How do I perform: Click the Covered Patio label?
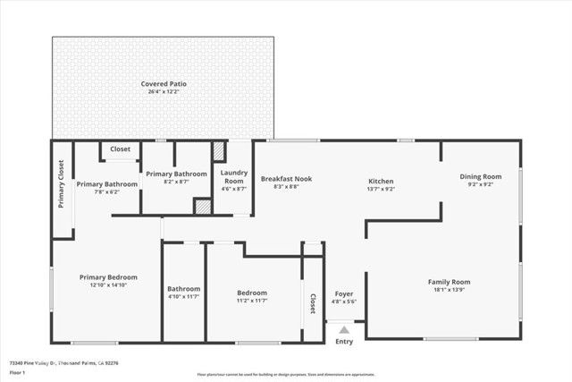(x=163, y=84)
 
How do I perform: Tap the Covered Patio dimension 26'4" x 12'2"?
(x=163, y=92)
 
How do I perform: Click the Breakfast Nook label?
(x=286, y=179)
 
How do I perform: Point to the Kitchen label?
(x=382, y=179)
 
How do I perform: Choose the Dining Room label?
(x=481, y=176)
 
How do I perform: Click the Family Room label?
(x=449, y=282)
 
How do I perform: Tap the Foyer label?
(x=344, y=294)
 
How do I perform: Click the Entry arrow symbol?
(x=344, y=329)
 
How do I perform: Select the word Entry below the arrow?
(x=344, y=342)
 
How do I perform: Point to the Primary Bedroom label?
(x=109, y=277)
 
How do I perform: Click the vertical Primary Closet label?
(x=62, y=183)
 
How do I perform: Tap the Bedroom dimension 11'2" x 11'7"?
(x=252, y=301)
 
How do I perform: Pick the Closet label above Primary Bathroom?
(x=121, y=149)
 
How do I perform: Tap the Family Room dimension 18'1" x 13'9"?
(x=449, y=290)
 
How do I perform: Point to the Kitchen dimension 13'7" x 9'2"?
(x=382, y=188)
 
